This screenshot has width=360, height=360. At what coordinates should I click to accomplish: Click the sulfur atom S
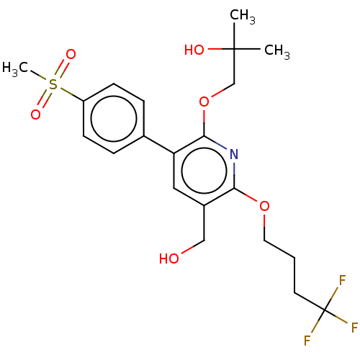click(53, 84)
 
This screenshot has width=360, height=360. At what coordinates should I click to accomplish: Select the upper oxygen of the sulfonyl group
click(71, 55)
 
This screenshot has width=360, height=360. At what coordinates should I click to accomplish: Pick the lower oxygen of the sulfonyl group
click(35, 114)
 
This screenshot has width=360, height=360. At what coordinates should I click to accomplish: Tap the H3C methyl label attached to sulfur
click(15, 68)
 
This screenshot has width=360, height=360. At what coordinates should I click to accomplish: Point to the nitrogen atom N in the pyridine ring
click(234, 154)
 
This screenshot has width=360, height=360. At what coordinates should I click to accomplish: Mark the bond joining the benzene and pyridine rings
click(159, 145)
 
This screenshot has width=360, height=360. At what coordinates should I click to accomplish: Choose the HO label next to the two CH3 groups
click(194, 50)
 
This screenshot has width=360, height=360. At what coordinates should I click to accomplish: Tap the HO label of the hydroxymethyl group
click(169, 258)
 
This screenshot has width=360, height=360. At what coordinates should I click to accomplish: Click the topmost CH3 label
click(243, 17)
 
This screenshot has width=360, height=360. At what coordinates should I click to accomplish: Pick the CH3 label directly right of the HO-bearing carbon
click(277, 51)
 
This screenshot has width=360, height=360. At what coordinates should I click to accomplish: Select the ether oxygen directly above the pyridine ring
click(204, 102)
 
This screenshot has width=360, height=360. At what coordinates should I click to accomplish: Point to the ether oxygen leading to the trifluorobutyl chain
click(264, 206)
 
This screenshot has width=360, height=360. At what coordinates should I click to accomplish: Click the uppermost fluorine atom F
click(342, 280)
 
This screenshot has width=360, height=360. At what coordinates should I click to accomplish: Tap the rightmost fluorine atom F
click(354, 328)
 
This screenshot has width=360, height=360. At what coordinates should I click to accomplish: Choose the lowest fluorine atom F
click(307, 341)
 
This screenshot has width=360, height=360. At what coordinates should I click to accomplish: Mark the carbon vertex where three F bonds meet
click(325, 310)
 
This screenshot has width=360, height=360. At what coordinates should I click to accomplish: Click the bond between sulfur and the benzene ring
click(71, 95)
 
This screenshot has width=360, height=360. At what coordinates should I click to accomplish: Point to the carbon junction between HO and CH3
click(234, 49)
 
